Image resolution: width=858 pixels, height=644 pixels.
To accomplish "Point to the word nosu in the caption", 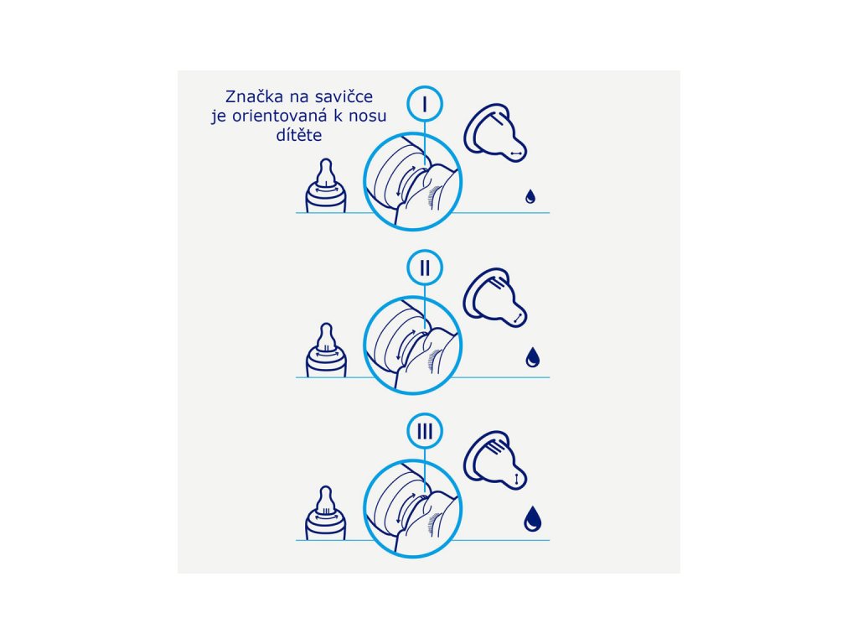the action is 368,116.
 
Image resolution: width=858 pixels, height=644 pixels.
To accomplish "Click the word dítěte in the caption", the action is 299,135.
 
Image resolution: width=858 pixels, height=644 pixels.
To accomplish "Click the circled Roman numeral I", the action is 425,103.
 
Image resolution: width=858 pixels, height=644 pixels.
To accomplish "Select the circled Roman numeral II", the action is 425,267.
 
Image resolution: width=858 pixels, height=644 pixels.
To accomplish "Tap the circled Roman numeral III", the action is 425,431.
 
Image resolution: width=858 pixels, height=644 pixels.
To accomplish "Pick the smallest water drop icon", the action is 530,196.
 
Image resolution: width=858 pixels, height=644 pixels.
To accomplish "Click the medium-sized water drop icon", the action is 532,357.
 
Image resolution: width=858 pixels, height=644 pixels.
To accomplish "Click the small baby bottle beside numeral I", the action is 326,185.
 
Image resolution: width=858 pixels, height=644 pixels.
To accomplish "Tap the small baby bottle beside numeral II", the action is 326,350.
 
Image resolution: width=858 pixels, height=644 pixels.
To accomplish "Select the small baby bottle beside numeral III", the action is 326,513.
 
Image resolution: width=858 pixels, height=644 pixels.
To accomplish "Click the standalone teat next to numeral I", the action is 495,133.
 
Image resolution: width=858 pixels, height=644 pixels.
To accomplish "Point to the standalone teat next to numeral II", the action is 495,298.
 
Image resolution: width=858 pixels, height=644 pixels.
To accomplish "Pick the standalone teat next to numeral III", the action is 495,460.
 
